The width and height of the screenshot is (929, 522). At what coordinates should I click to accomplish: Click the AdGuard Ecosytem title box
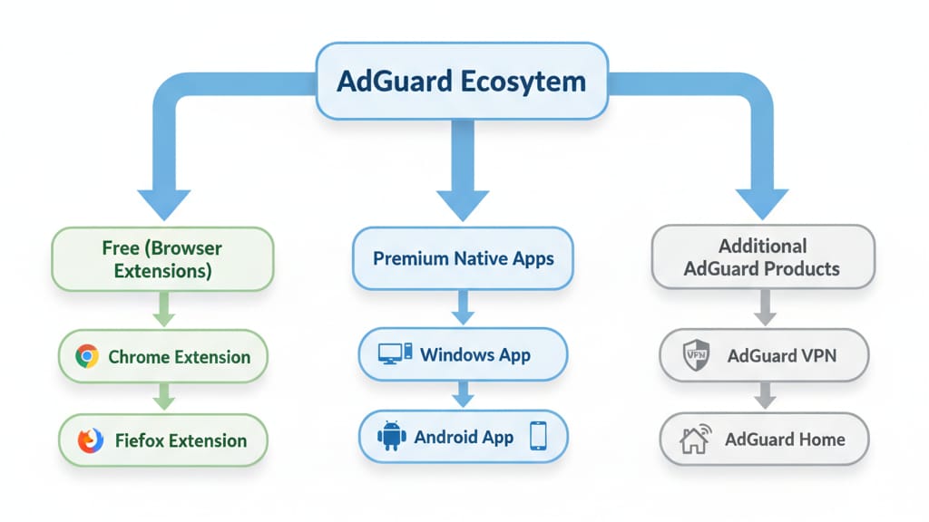coord(461,81)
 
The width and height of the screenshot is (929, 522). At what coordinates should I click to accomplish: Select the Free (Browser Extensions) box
coord(163,258)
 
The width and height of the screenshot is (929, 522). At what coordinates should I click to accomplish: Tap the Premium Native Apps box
coord(463,258)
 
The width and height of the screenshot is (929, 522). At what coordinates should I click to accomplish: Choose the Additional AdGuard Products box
coord(762,257)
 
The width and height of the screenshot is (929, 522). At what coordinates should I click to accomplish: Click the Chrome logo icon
coord(87,356)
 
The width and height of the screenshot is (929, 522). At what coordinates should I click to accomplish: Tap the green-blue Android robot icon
coord(391,437)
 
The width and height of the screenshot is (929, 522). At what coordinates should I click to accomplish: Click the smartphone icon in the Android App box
coord(538,437)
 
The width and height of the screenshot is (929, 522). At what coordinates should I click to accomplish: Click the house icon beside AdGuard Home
coord(695,440)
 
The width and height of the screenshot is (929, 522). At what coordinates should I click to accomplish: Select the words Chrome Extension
coord(179,356)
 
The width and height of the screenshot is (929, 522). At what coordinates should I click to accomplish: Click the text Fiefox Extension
coord(181,441)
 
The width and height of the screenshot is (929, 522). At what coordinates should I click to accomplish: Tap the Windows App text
coord(475,353)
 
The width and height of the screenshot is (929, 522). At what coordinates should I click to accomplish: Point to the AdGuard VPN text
coord(782,355)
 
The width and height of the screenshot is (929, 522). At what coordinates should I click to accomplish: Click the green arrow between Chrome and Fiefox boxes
coord(163,397)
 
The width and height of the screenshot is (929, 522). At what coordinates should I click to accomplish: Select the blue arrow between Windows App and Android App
coord(463,393)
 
